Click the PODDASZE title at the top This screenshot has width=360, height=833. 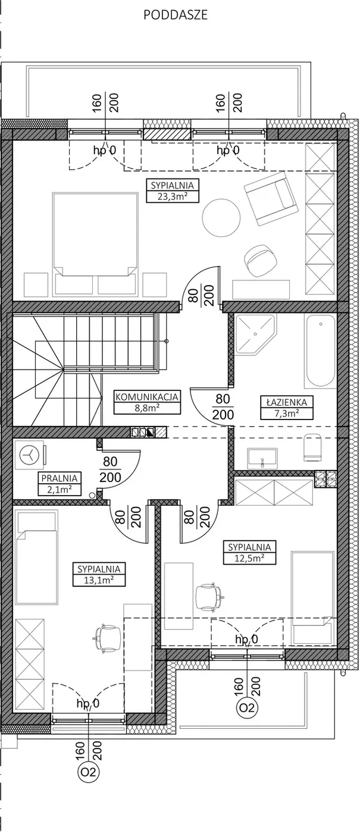coord(175,15)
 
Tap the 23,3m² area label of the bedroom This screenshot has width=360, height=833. coord(172,196)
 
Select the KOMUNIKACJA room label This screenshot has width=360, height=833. coord(148,397)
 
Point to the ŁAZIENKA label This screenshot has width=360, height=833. coord(286,402)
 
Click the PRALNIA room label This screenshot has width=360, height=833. coord(60,478)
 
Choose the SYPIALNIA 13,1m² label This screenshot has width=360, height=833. coord(99,575)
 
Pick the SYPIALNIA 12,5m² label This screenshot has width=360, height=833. coord(249,553)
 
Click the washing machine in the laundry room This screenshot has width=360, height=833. coord(30,454)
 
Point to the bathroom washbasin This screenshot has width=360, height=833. coord(262,457)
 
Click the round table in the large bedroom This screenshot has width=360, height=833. coord(221,218)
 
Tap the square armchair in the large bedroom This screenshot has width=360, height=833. coord(270,199)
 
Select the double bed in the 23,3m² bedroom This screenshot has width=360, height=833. coord(95,244)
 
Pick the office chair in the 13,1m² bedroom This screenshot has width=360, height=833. coord(108,638)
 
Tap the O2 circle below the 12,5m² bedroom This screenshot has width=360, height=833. coord(248,707)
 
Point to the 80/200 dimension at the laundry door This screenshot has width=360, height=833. coord(111,469)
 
